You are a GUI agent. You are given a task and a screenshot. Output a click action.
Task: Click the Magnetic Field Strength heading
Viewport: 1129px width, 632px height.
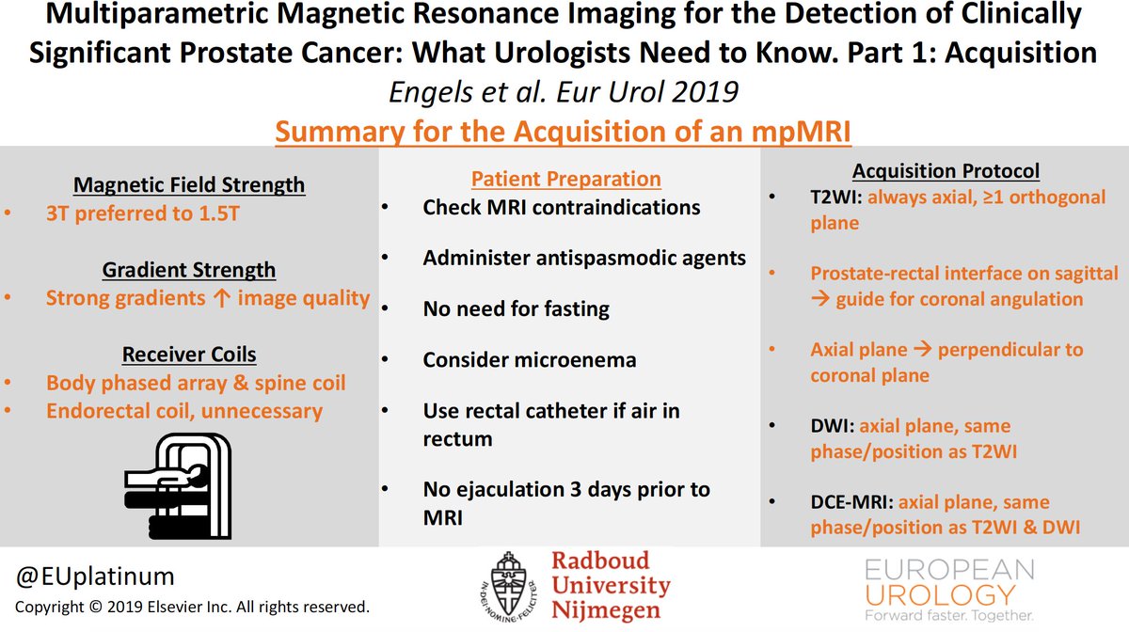coord(189,184)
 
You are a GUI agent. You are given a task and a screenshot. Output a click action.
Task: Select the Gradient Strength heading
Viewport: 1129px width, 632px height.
coord(189,270)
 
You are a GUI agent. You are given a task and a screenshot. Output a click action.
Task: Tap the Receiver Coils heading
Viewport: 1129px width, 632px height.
coord(189,355)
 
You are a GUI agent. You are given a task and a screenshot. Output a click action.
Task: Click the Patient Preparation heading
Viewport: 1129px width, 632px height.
coord(566,179)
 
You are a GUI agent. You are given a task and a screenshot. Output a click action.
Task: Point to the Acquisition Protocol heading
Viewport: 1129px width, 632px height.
coord(946,171)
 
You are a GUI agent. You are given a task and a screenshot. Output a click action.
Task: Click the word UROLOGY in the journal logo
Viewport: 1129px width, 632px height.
coord(940,594)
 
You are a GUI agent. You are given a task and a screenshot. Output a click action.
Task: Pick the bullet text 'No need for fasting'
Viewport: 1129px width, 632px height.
coord(516,308)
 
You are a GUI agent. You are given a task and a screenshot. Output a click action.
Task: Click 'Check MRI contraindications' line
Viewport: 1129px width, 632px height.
coord(562,207)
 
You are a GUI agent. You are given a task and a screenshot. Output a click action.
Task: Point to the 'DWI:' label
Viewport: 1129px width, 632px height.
coord(831,426)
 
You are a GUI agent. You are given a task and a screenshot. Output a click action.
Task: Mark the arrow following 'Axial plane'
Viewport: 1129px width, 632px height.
coord(925,350)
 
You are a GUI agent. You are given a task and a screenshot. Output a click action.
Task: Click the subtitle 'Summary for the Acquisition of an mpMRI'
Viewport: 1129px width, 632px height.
coord(563,131)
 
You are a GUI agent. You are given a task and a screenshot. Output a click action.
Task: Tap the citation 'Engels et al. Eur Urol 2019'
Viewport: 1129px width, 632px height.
coord(564,92)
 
